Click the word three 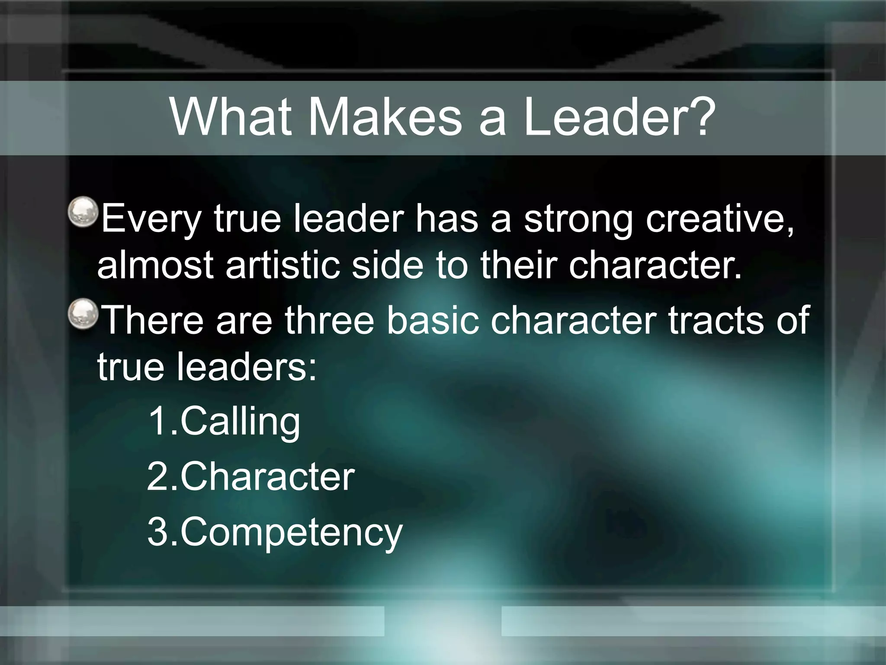(329, 320)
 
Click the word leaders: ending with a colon (247, 366)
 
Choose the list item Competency (291, 533)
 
